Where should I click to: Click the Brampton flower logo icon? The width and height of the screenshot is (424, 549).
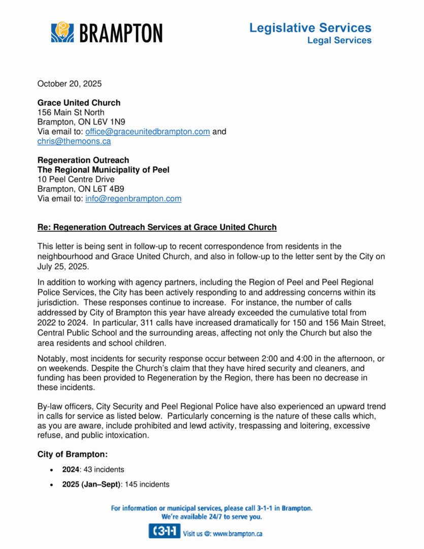62,32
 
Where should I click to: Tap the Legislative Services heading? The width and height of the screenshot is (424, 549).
310,28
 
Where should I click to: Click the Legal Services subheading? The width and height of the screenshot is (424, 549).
339,40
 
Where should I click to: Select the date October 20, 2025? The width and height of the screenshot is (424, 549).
70,83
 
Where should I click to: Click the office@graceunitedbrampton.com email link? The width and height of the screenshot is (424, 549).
147,132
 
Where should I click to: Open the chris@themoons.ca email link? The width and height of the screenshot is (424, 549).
74,141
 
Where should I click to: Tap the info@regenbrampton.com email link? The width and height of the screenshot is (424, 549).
133,199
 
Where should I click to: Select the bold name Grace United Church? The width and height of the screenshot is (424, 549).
79,103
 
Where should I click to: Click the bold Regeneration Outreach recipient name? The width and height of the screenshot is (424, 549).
83,160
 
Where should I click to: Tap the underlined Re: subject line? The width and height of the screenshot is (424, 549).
157,227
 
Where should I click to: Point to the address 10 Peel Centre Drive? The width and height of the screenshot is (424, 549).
76,179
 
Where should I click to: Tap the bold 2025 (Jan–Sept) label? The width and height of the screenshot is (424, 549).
91,484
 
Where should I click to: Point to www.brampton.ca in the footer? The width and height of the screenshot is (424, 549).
237,534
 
